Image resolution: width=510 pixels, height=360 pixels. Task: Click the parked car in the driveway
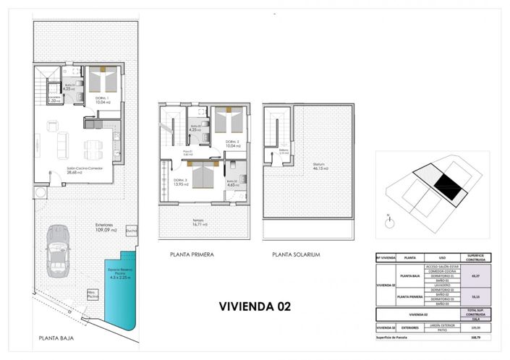pos(57,249)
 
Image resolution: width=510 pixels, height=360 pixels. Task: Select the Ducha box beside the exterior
pos(132,231)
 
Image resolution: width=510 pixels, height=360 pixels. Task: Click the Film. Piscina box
pos(93,296)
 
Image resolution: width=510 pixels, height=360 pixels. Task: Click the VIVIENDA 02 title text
pos(255,305)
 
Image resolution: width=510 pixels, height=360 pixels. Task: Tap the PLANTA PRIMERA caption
pos(192,255)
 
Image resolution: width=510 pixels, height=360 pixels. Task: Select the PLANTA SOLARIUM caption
pos(296,255)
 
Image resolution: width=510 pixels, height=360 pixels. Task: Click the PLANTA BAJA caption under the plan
pos(57,338)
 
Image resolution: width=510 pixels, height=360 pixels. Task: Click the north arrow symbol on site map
pos(389,215)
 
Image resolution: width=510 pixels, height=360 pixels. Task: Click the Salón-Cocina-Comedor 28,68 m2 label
pos(64,171)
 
